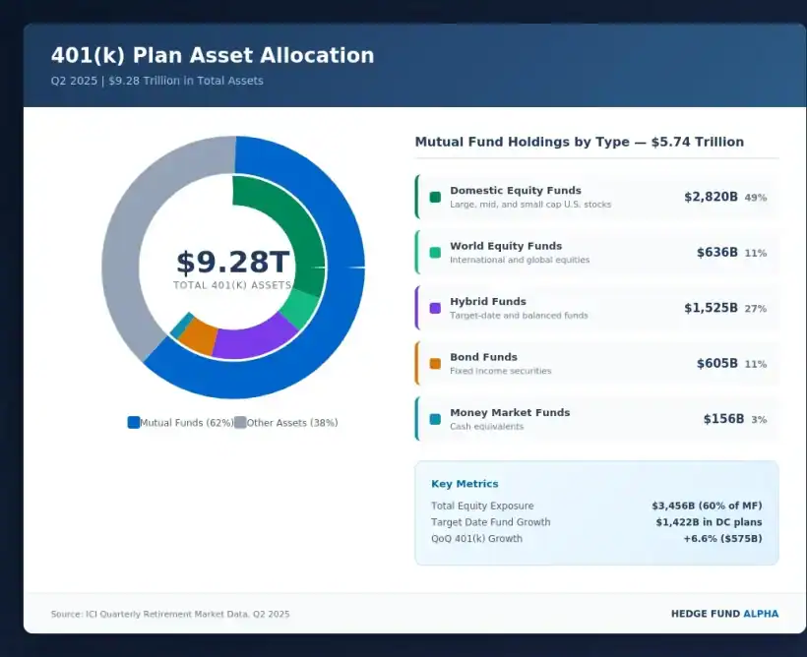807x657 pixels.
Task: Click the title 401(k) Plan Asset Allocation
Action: click(x=213, y=56)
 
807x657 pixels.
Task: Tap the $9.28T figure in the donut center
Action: click(x=233, y=263)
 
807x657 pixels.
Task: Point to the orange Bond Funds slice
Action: click(x=199, y=336)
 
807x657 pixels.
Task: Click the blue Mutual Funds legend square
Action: click(x=134, y=423)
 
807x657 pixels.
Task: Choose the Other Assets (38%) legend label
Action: click(x=292, y=423)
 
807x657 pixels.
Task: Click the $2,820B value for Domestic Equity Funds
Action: click(x=711, y=197)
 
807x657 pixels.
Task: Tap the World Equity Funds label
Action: click(x=506, y=246)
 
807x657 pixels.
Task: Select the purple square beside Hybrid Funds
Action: click(x=435, y=308)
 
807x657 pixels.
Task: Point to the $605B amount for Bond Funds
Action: click(x=716, y=363)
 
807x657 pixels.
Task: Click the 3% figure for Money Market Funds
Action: click(x=759, y=420)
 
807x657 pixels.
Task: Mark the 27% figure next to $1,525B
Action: click(x=755, y=309)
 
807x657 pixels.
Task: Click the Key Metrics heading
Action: click(x=465, y=484)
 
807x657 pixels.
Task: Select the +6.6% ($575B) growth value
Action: click(x=722, y=539)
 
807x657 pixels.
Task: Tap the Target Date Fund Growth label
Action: click(x=490, y=522)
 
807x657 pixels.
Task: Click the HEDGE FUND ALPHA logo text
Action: click(x=724, y=614)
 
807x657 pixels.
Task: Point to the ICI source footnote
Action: click(x=170, y=614)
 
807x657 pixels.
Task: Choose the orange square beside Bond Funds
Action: click(x=435, y=364)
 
